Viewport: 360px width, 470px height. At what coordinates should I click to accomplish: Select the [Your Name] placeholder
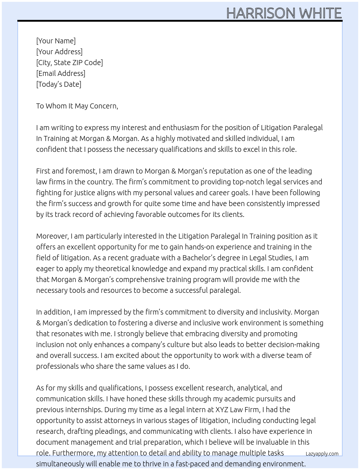pos(56,41)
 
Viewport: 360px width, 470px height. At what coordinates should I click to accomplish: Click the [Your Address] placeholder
pos(59,52)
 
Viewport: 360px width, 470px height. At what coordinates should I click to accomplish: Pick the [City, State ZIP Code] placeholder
pos(69,63)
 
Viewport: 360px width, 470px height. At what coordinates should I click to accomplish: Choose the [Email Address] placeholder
pos(61,73)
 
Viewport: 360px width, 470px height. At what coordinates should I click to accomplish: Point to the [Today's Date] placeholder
pos(59,84)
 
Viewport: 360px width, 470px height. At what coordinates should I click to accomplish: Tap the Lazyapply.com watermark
pos(322,454)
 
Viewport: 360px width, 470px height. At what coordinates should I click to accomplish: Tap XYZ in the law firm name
pos(222,410)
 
